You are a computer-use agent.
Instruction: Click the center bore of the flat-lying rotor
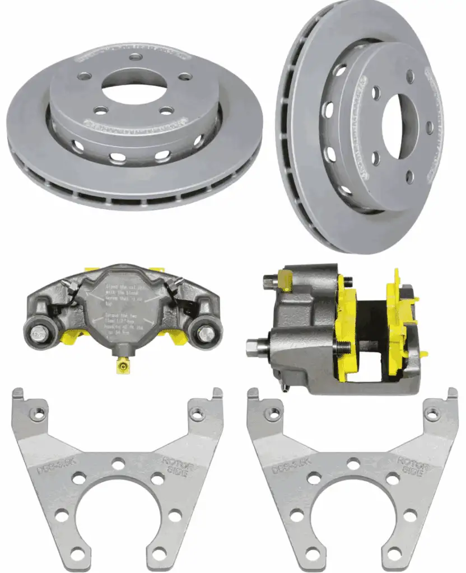tap(134, 85)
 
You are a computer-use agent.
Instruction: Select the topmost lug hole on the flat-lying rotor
tap(135, 57)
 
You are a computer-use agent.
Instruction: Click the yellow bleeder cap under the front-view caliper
tap(122, 366)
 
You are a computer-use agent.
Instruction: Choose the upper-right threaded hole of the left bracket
tap(197, 415)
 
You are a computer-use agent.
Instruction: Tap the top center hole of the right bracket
tap(353, 463)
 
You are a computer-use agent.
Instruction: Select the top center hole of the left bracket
tap(118, 463)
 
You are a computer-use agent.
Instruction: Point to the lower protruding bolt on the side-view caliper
tap(255, 346)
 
